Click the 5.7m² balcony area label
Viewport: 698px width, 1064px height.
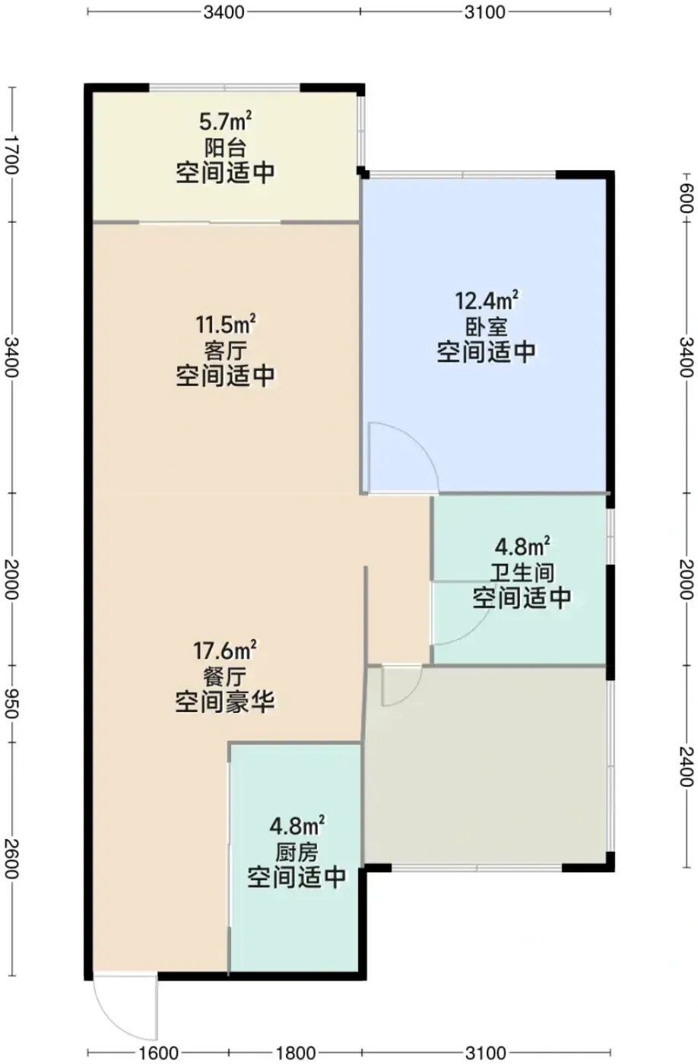225,122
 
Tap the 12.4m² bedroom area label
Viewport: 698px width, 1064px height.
487,301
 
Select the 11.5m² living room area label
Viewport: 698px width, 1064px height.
226,325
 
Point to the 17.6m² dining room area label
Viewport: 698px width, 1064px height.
225,651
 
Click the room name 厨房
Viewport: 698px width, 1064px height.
297,853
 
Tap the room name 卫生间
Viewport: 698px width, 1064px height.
522,573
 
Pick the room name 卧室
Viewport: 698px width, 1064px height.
487,327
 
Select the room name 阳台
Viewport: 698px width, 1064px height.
226,147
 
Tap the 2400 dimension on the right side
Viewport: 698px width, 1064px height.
687,767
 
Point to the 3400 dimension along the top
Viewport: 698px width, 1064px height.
224,12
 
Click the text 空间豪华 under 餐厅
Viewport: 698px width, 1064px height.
225,702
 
